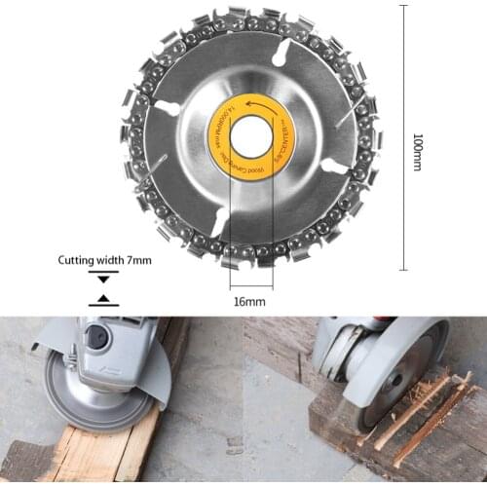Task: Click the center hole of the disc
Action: click(x=250, y=137)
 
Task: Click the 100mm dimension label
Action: click(x=417, y=152)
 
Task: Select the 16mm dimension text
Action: click(x=249, y=302)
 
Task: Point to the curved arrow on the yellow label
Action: click(x=238, y=106)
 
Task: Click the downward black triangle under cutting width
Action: click(x=103, y=279)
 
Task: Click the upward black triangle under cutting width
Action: click(x=103, y=297)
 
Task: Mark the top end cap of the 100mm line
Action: click(x=402, y=5)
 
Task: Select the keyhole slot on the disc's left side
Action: click(x=168, y=108)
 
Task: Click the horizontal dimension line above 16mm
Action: click(x=250, y=288)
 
